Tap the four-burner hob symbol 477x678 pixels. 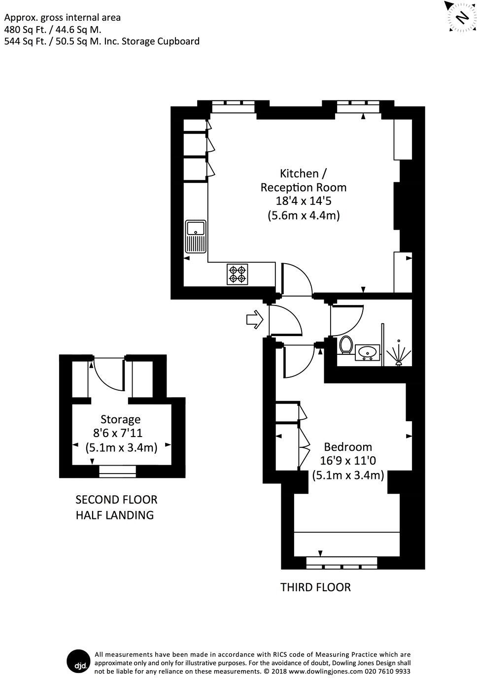click(237, 274)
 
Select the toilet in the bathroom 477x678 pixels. click(345, 344)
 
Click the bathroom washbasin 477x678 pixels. click(367, 352)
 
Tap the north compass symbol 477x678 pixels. click(461, 17)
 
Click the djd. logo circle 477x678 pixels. click(78, 662)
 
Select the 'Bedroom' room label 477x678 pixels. click(347, 447)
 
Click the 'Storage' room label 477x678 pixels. click(120, 419)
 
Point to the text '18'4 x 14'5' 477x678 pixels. click(304, 201)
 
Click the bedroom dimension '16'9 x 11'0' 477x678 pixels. click(347, 461)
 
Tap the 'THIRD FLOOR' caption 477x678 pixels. click(315, 587)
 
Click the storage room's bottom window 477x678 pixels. click(117, 471)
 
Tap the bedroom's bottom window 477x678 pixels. click(341, 562)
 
